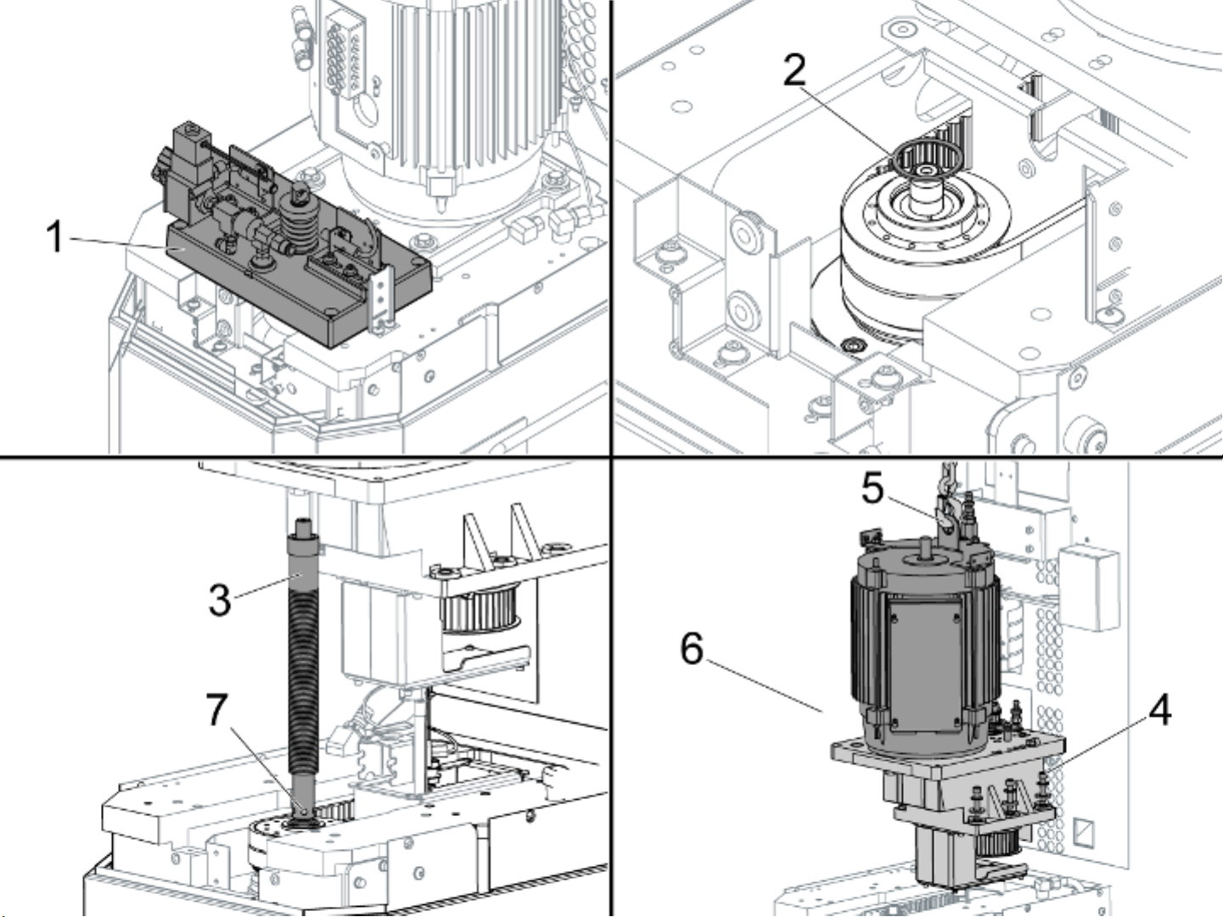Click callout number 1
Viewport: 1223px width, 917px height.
[55, 237]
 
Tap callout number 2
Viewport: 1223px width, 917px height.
[794, 70]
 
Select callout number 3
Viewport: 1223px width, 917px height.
[220, 600]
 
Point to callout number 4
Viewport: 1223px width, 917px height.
[1160, 709]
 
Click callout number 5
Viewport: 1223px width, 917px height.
[872, 489]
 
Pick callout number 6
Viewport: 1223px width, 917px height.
[693, 649]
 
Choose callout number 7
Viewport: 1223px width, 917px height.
[218, 709]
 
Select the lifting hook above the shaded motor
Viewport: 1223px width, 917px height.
[949, 509]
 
